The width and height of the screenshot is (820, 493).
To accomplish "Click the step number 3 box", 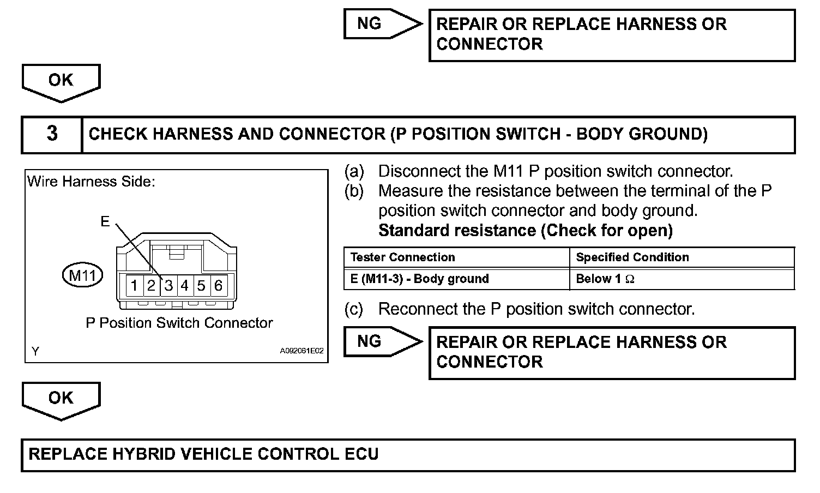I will (x=52, y=134).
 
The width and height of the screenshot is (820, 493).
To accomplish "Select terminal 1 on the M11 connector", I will (x=134, y=285).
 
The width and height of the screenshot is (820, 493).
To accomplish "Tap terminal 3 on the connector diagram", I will (x=168, y=285).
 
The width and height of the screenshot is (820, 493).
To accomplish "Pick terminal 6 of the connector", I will (x=218, y=285).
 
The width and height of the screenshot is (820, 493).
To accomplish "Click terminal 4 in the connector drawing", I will (x=185, y=285).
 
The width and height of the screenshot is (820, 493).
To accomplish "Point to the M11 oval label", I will (x=82, y=276).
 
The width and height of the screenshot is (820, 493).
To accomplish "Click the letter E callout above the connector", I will (x=105, y=221).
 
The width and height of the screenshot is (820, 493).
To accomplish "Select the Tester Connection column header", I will (x=402, y=257).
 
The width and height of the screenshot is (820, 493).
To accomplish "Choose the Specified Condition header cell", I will (x=632, y=257).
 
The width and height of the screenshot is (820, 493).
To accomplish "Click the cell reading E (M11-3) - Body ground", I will (x=419, y=279).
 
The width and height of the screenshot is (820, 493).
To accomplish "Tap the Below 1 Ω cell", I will (x=605, y=279).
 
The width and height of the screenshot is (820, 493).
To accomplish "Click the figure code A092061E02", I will (x=302, y=351).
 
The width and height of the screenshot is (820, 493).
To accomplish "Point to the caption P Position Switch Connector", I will (x=179, y=323).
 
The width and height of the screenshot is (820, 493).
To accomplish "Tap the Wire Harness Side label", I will (x=91, y=182).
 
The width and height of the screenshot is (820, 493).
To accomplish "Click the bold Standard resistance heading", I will (x=525, y=231).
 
